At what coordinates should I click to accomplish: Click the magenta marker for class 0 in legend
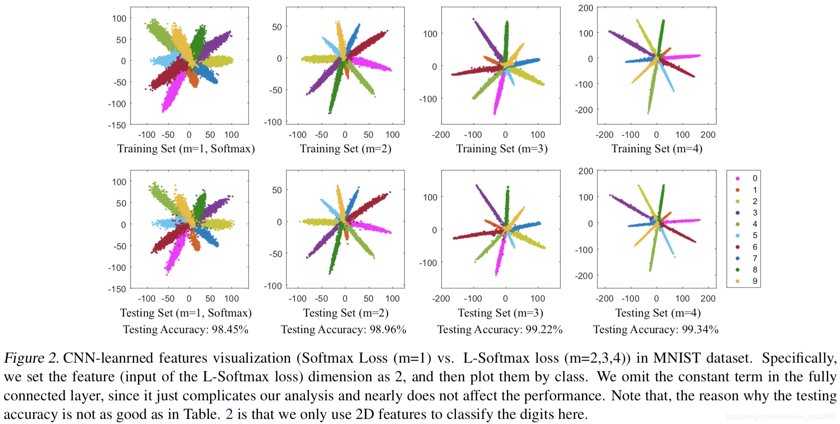click(x=738, y=178)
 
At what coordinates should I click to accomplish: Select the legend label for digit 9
click(x=755, y=281)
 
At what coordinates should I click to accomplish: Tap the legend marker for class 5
click(x=738, y=235)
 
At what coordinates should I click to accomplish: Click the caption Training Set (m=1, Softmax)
click(x=186, y=149)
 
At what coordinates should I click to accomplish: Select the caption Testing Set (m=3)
click(x=501, y=313)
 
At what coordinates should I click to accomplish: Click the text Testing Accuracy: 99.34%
click(x=656, y=329)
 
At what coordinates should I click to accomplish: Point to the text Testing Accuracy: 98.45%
click(x=185, y=329)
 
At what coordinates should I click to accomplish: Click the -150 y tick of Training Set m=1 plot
click(x=117, y=125)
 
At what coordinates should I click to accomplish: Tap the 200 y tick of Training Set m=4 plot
click(x=586, y=8)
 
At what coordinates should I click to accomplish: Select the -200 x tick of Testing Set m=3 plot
click(x=441, y=299)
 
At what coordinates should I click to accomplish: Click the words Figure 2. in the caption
click(x=31, y=358)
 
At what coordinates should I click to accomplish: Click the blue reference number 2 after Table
click(x=229, y=414)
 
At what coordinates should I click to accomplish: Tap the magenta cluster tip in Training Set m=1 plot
click(x=163, y=111)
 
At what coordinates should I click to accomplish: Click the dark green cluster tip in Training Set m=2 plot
click(x=329, y=113)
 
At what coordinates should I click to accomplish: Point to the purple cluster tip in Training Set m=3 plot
click(x=473, y=19)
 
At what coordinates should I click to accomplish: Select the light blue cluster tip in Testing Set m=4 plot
click(x=674, y=257)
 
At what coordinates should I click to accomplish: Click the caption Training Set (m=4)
click(x=657, y=149)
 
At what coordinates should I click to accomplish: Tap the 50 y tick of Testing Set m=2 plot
click(x=277, y=190)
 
